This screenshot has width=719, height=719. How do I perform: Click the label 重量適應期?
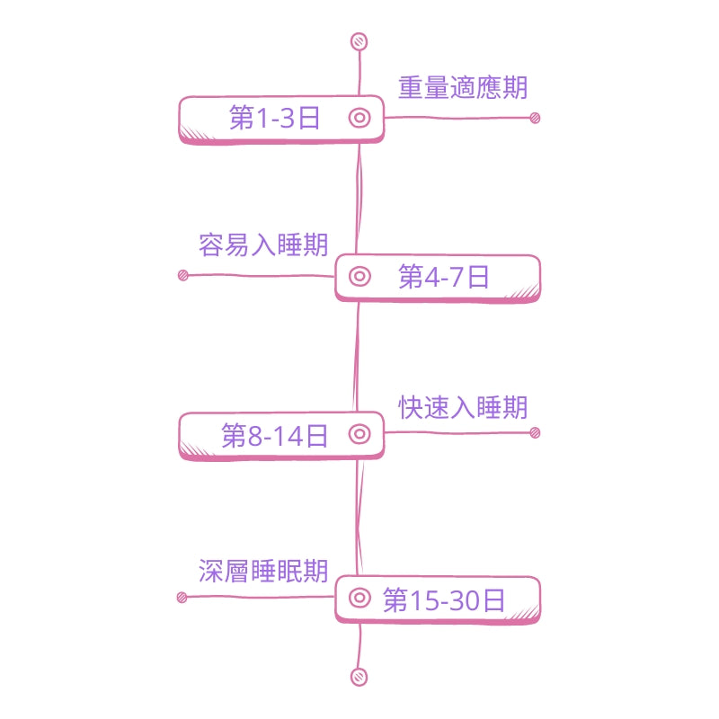tap(463, 88)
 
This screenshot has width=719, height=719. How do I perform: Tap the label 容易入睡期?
tap(263, 244)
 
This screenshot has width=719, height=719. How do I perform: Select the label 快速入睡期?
tap(463, 407)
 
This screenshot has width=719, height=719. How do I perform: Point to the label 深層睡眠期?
tap(263, 571)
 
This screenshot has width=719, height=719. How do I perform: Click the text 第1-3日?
tap(275, 119)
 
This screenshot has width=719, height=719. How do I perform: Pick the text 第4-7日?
tap(444, 277)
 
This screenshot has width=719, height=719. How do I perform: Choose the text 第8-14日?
tap(275, 437)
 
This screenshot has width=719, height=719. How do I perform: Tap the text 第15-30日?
tap(444, 599)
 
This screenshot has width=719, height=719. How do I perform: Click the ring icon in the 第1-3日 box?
tap(359, 118)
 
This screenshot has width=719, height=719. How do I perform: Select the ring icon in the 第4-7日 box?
tap(359, 276)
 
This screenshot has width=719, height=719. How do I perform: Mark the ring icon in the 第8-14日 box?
tap(359, 435)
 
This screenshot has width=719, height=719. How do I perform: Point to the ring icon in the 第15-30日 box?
tap(359, 598)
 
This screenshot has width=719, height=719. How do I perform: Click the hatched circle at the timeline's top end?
tap(359, 41)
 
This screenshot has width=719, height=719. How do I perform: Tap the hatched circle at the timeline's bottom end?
tap(359, 677)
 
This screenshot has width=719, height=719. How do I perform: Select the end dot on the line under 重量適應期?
tap(535, 118)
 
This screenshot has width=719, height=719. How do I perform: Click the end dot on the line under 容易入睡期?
tap(183, 275)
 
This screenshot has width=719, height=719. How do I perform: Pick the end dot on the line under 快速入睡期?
tap(535, 433)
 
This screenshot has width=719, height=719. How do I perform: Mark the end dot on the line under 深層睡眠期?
tap(182, 597)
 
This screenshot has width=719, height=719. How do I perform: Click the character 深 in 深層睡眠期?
tap(210, 571)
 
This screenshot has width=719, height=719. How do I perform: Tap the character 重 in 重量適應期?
tap(411, 88)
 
